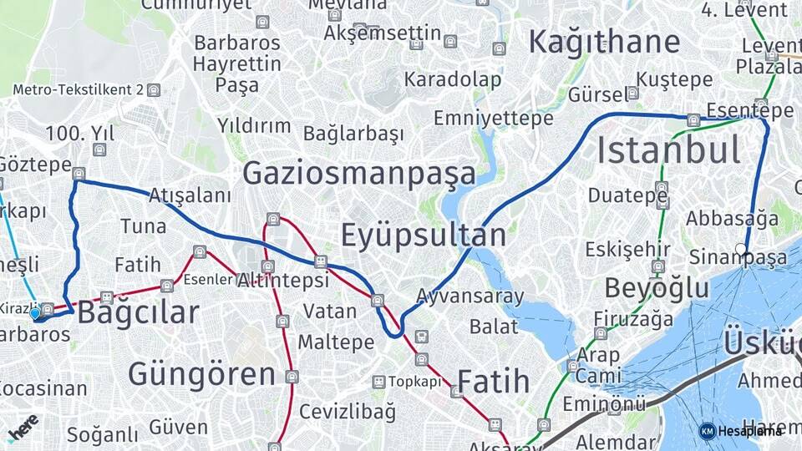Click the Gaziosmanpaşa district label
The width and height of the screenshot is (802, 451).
point(359,174)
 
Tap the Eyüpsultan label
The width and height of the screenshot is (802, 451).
point(424,236)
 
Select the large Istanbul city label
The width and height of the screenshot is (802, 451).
point(668,150)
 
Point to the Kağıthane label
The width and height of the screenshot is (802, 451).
point(604,42)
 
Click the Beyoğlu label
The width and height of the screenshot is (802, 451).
point(657,288)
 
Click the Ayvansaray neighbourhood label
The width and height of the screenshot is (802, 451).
point(470,296)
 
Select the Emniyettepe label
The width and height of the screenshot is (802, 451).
point(493,118)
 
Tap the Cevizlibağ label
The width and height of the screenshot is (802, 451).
point(347,411)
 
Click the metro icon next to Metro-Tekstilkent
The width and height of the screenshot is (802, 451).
point(154,90)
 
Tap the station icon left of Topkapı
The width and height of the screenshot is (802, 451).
point(378,382)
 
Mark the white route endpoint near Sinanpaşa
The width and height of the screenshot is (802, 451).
point(741,248)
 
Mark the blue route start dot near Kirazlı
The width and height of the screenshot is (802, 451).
point(35,314)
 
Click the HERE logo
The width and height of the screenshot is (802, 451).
point(23,427)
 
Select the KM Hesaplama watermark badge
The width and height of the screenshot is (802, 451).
point(740,431)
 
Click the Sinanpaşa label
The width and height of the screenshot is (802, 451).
point(738,258)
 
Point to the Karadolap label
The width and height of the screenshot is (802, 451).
point(453,80)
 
